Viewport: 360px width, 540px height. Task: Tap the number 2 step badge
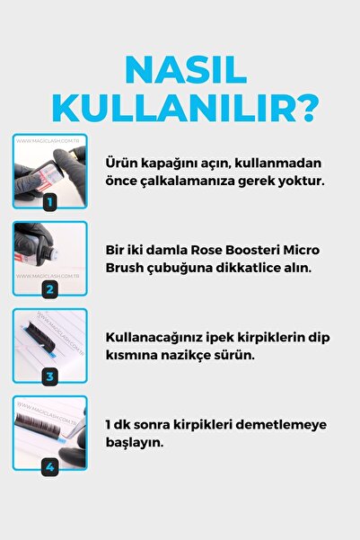coord(49,289)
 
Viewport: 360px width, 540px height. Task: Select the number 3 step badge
coord(49,376)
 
